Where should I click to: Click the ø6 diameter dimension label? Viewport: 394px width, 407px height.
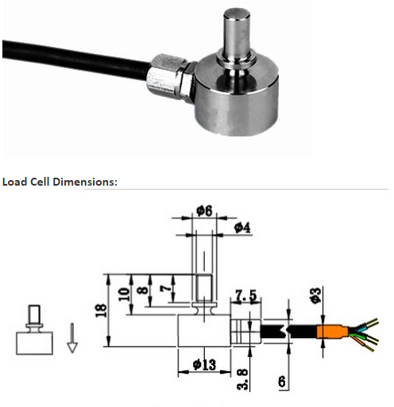click(x=203, y=212)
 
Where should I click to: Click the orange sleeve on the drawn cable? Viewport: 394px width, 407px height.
click(x=328, y=332)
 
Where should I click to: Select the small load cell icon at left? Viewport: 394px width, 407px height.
click(x=34, y=332)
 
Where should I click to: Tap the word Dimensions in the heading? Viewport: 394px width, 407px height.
click(x=82, y=182)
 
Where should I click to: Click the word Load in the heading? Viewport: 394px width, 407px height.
click(x=14, y=182)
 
